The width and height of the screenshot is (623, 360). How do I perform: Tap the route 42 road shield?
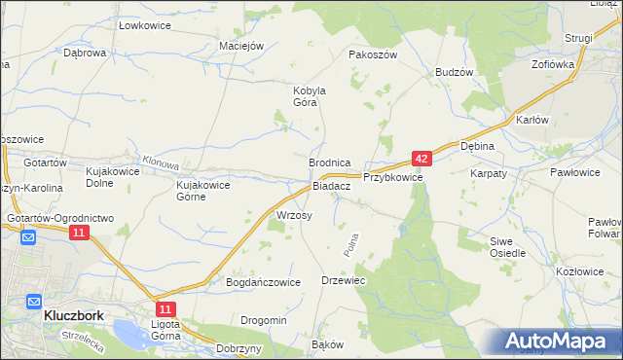point(421,158)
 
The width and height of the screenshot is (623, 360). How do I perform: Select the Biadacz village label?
point(331,186)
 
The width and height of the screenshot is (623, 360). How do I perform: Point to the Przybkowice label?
point(392,178)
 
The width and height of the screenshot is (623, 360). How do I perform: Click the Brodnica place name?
point(328,163)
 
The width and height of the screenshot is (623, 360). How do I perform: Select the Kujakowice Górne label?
point(202,190)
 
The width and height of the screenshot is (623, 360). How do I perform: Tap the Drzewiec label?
point(343,280)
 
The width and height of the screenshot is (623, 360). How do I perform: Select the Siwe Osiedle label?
point(507,246)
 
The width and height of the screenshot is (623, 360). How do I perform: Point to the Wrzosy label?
point(294,215)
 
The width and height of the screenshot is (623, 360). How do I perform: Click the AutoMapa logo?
point(556,342)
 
